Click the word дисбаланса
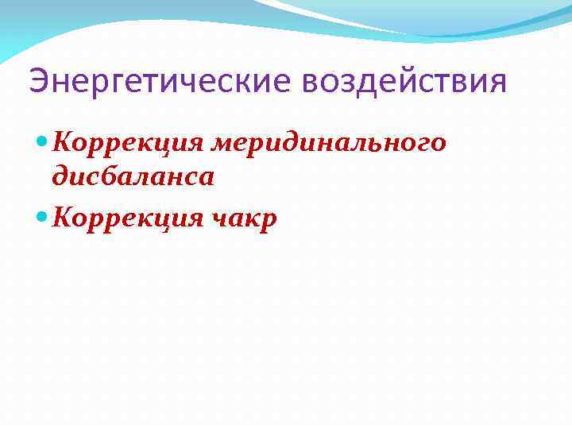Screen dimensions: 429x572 133,176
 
